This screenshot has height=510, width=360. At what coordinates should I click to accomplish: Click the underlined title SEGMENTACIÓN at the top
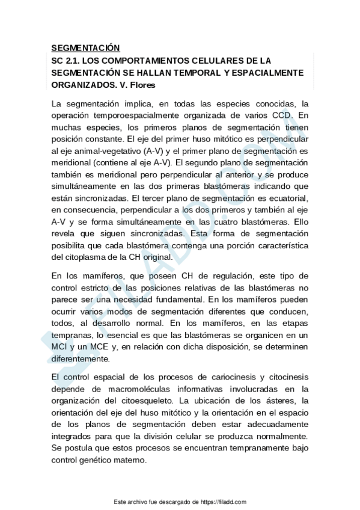pyautogui.click(x=85, y=48)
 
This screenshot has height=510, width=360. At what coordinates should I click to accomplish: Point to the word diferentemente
pyautogui.click(x=81, y=359)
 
